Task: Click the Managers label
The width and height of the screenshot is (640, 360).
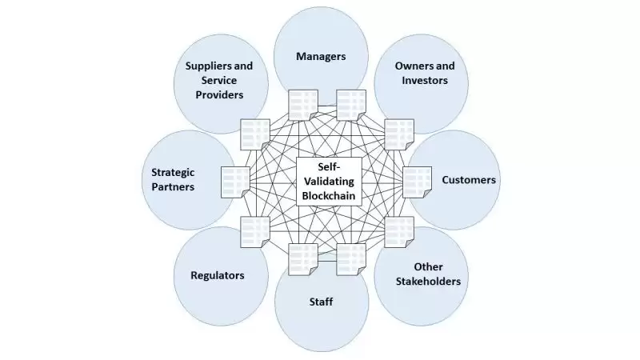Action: coord(321,56)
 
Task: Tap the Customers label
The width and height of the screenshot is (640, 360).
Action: coord(469,180)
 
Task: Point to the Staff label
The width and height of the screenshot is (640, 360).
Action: coord(321,302)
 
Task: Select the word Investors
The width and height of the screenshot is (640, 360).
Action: coord(425,80)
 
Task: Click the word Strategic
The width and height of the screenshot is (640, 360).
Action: coord(174,171)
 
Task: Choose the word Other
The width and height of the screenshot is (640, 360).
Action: coord(428,266)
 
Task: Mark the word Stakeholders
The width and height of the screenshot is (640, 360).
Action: coord(428,282)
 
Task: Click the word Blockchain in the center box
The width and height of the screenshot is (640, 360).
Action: coord(329,196)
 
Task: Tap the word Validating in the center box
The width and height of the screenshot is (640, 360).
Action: coord(329,181)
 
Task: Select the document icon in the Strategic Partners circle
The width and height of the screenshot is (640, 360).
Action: coord(234,180)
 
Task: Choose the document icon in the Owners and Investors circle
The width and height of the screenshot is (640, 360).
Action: coord(397,132)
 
